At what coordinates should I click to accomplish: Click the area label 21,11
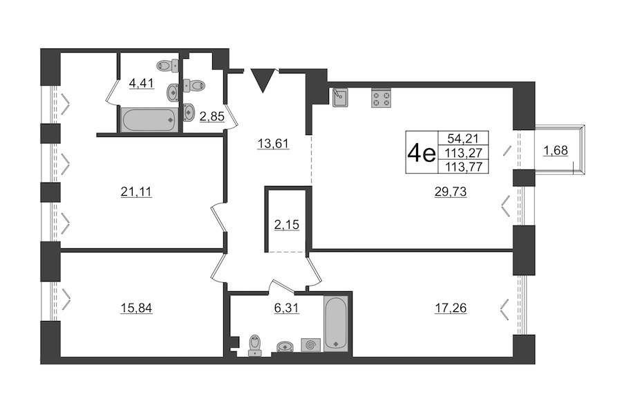click(x=136, y=192)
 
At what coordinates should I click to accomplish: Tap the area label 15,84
click(x=136, y=308)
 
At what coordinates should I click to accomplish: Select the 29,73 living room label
click(x=451, y=192)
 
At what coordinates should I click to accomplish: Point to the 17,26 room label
click(x=451, y=308)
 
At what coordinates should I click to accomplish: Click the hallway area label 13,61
click(x=273, y=143)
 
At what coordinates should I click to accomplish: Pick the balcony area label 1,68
click(x=556, y=151)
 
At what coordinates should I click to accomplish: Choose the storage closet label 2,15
click(x=286, y=225)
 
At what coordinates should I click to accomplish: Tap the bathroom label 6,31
click(x=286, y=308)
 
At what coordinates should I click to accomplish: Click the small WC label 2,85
click(x=212, y=117)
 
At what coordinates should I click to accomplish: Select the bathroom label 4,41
click(x=141, y=84)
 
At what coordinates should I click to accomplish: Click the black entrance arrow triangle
click(x=263, y=80)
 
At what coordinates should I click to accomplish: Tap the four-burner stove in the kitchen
click(x=381, y=98)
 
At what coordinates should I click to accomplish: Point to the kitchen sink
click(x=340, y=98)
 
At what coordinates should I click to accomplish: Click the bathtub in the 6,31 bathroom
click(x=336, y=323)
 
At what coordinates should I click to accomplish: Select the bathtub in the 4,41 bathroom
click(x=149, y=120)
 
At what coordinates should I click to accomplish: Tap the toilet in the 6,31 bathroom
click(x=254, y=346)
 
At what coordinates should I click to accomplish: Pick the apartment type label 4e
click(x=422, y=153)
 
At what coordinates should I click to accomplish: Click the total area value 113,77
click(x=463, y=167)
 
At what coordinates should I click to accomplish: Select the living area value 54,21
click(x=463, y=138)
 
